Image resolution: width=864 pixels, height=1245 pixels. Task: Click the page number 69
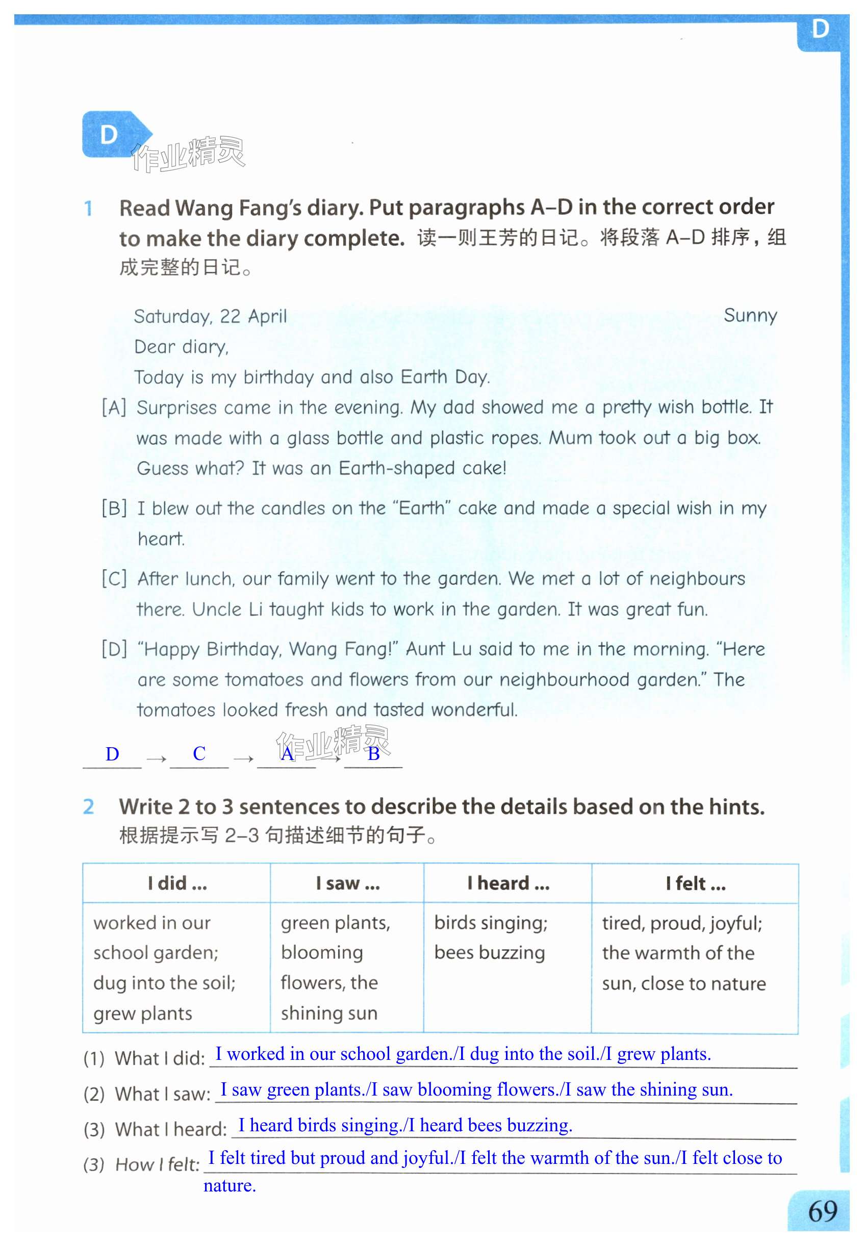click(x=822, y=1211)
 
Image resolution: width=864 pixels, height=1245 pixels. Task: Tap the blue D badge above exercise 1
click(x=110, y=134)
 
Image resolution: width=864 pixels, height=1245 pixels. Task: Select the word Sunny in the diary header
click(x=750, y=315)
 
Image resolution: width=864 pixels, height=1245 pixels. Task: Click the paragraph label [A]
click(x=114, y=407)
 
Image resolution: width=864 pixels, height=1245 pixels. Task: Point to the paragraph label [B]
click(x=114, y=509)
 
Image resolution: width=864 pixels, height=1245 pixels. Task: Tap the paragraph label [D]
click(x=114, y=648)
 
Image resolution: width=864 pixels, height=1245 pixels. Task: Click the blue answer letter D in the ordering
click(x=112, y=753)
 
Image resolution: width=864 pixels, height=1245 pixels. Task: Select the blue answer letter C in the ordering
click(x=199, y=753)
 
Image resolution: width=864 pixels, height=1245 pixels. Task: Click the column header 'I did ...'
click(x=177, y=883)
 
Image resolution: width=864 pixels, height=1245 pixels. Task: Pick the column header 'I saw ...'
click(x=347, y=883)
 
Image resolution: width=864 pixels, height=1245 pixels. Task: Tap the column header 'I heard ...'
click(x=508, y=883)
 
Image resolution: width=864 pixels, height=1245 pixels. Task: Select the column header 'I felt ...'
click(x=695, y=883)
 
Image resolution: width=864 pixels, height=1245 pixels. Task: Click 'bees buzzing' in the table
click(x=490, y=953)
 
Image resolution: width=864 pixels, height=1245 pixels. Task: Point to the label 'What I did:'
click(x=160, y=1058)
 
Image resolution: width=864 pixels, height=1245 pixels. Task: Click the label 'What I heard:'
click(x=170, y=1129)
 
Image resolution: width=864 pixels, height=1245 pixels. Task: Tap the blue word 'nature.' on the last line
click(x=230, y=1185)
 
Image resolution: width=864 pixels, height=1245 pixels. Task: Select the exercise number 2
click(x=88, y=806)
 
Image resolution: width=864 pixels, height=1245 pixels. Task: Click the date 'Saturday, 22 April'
click(x=210, y=316)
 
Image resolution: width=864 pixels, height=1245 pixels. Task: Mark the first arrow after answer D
click(x=156, y=759)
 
